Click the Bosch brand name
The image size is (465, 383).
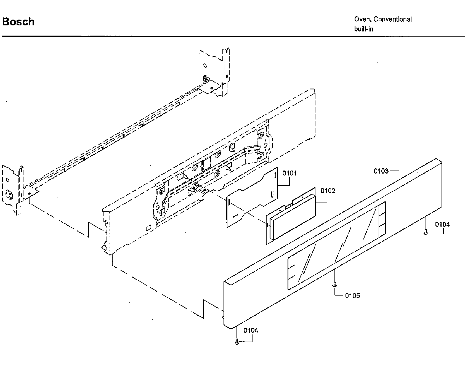coord(18,22)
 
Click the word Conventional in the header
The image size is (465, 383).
coord(393,19)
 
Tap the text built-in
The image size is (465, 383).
coord(363,29)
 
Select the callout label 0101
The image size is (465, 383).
coord(289,173)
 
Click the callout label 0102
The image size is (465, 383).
coord(328,191)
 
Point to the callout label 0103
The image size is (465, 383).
coord(381,171)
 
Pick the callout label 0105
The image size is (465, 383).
coord(352,296)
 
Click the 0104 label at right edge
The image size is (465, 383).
coord(442,224)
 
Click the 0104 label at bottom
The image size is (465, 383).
coord(251,330)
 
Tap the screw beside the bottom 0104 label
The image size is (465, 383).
coord(237,342)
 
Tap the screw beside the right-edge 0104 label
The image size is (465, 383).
coord(426,232)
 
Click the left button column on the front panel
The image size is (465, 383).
coord(291,272)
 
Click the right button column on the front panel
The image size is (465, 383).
coord(382,219)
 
